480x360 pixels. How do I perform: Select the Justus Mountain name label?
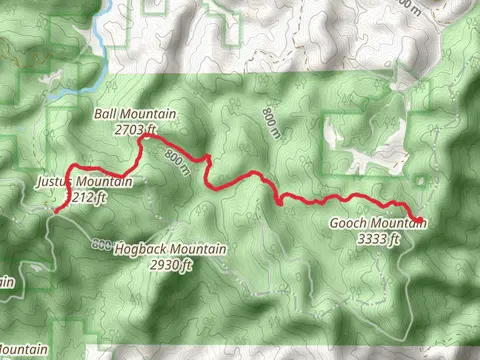point(83,183)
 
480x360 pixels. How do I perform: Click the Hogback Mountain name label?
point(170,249)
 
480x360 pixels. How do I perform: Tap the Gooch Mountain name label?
point(378,224)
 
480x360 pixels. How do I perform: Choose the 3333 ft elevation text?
point(379,239)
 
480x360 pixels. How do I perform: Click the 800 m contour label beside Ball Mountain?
point(176,161)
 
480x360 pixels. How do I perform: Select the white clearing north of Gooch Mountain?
point(355,150)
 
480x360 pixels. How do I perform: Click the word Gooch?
point(349,224)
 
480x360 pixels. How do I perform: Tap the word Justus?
point(53,183)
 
